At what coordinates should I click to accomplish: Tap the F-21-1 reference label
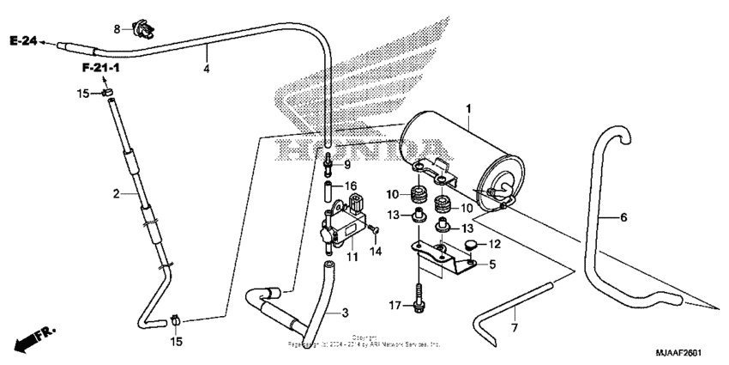coord(101,67)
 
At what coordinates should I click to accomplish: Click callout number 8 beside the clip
coord(118,29)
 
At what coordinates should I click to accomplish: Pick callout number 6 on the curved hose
coord(624,217)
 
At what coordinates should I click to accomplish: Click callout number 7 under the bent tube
coord(515,328)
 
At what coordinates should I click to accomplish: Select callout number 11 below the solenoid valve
coord(352,257)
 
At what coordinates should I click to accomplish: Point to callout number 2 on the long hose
coord(116,194)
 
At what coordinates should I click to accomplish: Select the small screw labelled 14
coord(374,228)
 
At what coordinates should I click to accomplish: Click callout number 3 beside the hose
coord(346,312)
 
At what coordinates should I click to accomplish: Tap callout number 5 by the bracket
coord(492,265)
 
